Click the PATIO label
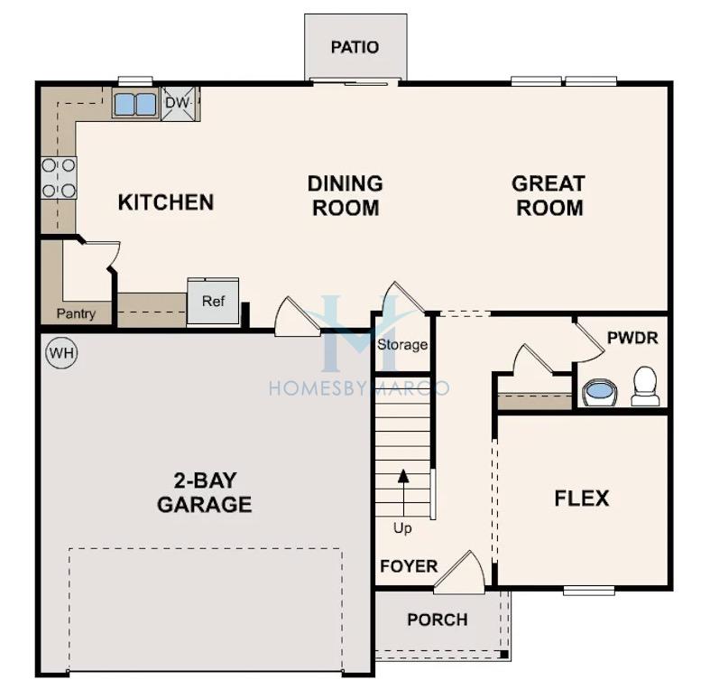point(355,47)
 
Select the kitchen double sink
point(134,104)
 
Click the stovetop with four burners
point(60,178)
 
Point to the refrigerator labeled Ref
point(213,302)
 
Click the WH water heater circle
point(62,353)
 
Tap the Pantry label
point(76,314)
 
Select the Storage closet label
point(402,345)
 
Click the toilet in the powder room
point(645,386)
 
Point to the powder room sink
point(599,393)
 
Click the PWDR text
point(632,338)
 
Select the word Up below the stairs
point(402,529)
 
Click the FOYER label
point(409,566)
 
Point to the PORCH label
point(438,620)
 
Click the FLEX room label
point(582,499)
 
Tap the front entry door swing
point(460,571)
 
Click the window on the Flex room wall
point(589,591)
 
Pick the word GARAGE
point(205,505)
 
